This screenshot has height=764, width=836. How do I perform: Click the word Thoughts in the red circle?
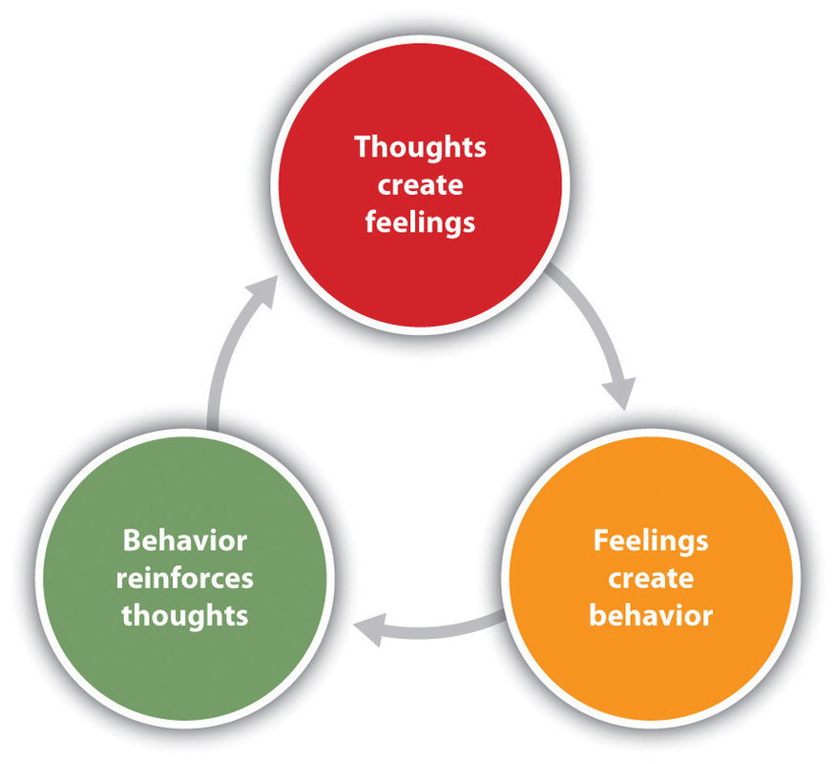pos(420,148)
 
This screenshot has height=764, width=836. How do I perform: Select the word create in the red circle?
pos(420,185)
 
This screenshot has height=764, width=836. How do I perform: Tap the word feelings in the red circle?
pos(420,223)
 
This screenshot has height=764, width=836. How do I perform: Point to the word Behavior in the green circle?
pos(185,541)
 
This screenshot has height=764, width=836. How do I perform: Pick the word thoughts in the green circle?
pos(185,615)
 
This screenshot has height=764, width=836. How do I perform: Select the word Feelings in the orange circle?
pos(651,541)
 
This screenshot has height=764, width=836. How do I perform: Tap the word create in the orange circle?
pos(651,578)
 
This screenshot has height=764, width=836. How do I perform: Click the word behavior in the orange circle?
pos(651,615)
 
